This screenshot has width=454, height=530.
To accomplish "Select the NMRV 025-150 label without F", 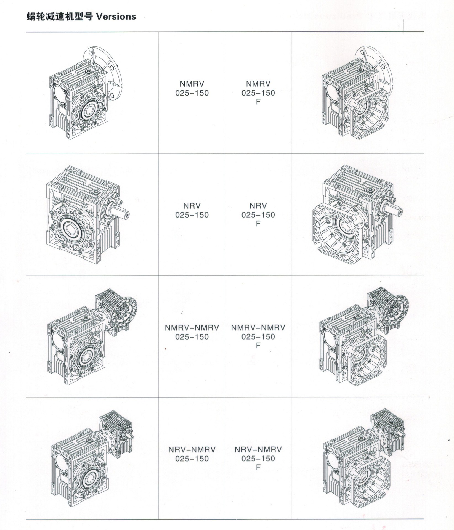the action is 192,88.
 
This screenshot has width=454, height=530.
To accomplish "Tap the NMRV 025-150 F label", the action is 258,92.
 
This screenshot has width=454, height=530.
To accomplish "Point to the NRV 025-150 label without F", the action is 192,210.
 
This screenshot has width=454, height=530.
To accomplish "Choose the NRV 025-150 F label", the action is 258,214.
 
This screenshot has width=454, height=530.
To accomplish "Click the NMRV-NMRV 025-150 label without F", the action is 192,332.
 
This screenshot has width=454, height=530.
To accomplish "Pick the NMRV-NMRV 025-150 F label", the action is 258,336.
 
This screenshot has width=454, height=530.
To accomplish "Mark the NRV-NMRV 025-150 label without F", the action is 192,454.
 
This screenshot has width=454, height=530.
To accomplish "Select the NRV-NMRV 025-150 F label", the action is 258,459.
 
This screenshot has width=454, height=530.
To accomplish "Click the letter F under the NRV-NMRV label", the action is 258,467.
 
